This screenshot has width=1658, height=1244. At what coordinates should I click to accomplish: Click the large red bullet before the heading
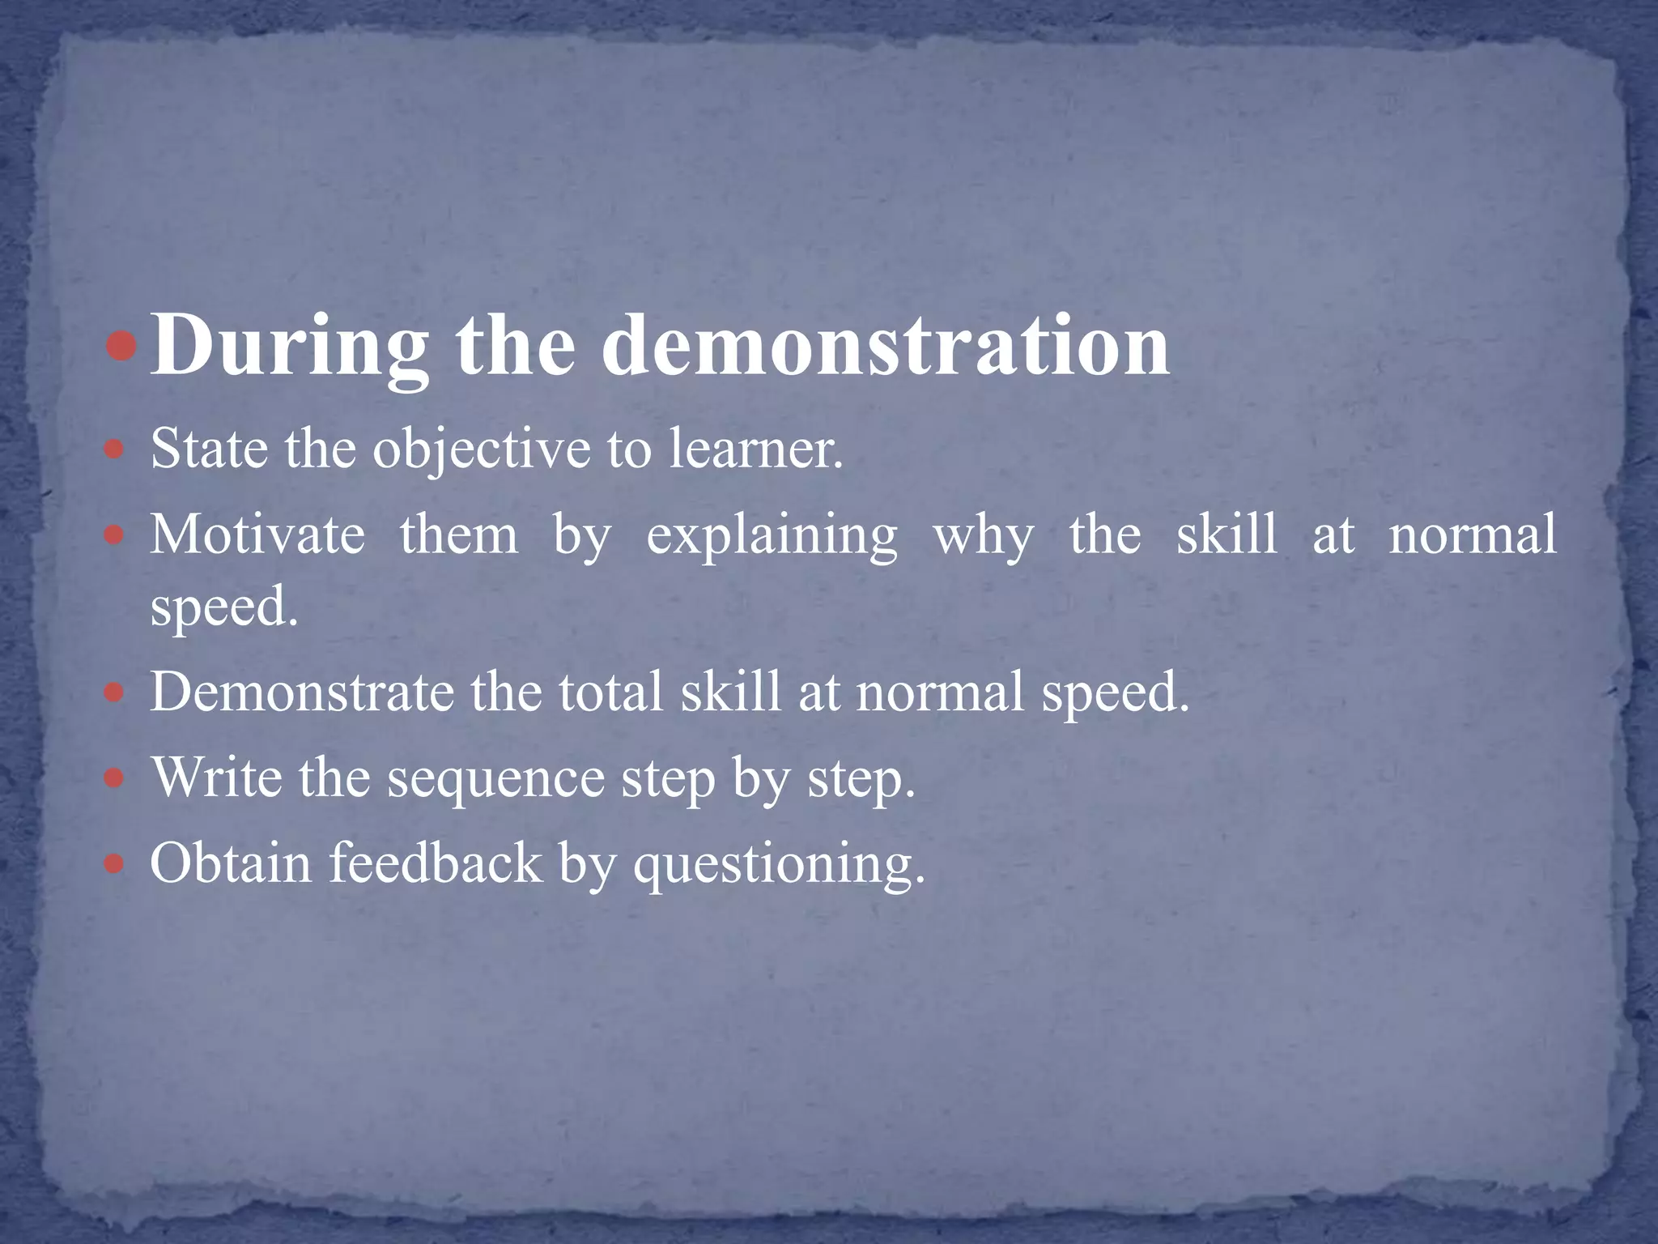click(x=122, y=347)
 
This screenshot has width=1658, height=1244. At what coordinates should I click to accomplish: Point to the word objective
click(x=482, y=450)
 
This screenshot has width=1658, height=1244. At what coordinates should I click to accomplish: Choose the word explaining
click(x=772, y=537)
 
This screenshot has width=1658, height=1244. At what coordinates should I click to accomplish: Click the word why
click(x=984, y=537)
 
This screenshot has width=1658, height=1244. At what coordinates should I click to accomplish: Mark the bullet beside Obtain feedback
click(x=115, y=864)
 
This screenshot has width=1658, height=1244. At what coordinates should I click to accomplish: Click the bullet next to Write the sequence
click(x=115, y=779)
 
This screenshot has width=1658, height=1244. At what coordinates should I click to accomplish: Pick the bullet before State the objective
click(x=115, y=449)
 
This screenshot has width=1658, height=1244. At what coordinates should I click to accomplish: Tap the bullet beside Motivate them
click(x=115, y=536)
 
